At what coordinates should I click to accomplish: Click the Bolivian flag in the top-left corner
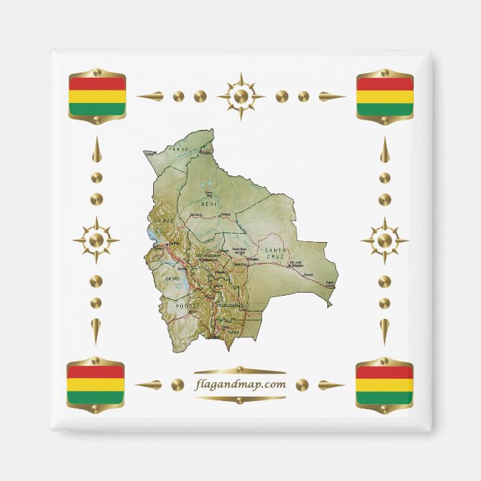[96, 96]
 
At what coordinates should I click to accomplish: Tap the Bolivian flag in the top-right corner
[385, 96]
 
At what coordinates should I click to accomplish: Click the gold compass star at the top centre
[241, 96]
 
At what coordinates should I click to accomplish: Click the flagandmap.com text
[240, 385]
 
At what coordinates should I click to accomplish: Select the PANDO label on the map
[179, 149]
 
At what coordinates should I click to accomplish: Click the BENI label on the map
[210, 202]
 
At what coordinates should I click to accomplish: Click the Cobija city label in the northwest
[151, 153]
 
